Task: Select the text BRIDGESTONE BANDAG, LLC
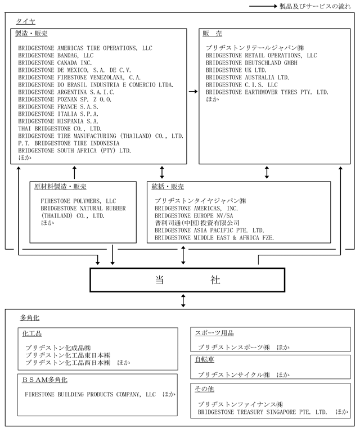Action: pyautogui.click(x=56, y=56)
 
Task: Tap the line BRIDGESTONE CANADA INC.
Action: pyautogui.click(x=55, y=63)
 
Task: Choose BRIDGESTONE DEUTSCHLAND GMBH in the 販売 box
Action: pyautogui.click(x=251, y=63)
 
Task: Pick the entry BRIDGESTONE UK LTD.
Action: pyautogui.click(x=236, y=70)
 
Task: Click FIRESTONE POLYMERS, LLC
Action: pyautogui.click(x=78, y=201)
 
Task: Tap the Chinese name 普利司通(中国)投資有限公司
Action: pyautogui.click(x=193, y=223)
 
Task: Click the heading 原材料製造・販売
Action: pyautogui.click(x=60, y=187)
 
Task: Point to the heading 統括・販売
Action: pyautogui.click(x=168, y=187)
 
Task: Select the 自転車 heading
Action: pyautogui.click(x=204, y=358)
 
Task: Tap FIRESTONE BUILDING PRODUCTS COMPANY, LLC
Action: pyautogui.click(x=93, y=395)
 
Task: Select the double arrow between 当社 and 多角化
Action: pyautogui.click(x=183, y=300)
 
